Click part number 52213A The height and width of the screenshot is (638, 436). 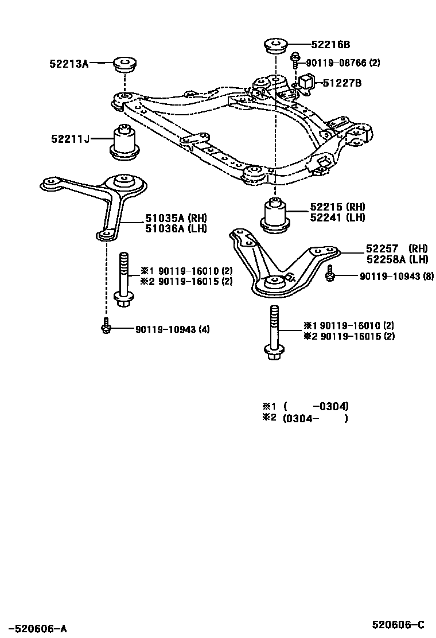click(x=69, y=64)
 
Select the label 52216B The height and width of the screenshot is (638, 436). click(x=330, y=44)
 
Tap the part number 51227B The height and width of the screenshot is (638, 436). click(x=342, y=83)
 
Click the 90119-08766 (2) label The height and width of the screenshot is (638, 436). click(x=343, y=63)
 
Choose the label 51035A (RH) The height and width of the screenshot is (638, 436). click(x=176, y=218)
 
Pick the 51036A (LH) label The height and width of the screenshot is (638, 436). click(x=176, y=228)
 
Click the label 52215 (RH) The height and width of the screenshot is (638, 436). click(x=337, y=207)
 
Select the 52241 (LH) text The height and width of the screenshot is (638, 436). click(x=337, y=217)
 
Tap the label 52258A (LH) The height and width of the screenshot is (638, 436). click(x=397, y=259)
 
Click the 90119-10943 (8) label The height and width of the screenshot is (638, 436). click(x=397, y=277)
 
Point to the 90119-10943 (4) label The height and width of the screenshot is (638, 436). click(x=173, y=329)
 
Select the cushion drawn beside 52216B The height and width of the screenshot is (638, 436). click(x=276, y=44)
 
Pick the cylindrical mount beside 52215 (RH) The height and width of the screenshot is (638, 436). click(x=275, y=215)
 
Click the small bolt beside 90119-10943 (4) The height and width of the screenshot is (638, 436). click(x=106, y=326)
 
